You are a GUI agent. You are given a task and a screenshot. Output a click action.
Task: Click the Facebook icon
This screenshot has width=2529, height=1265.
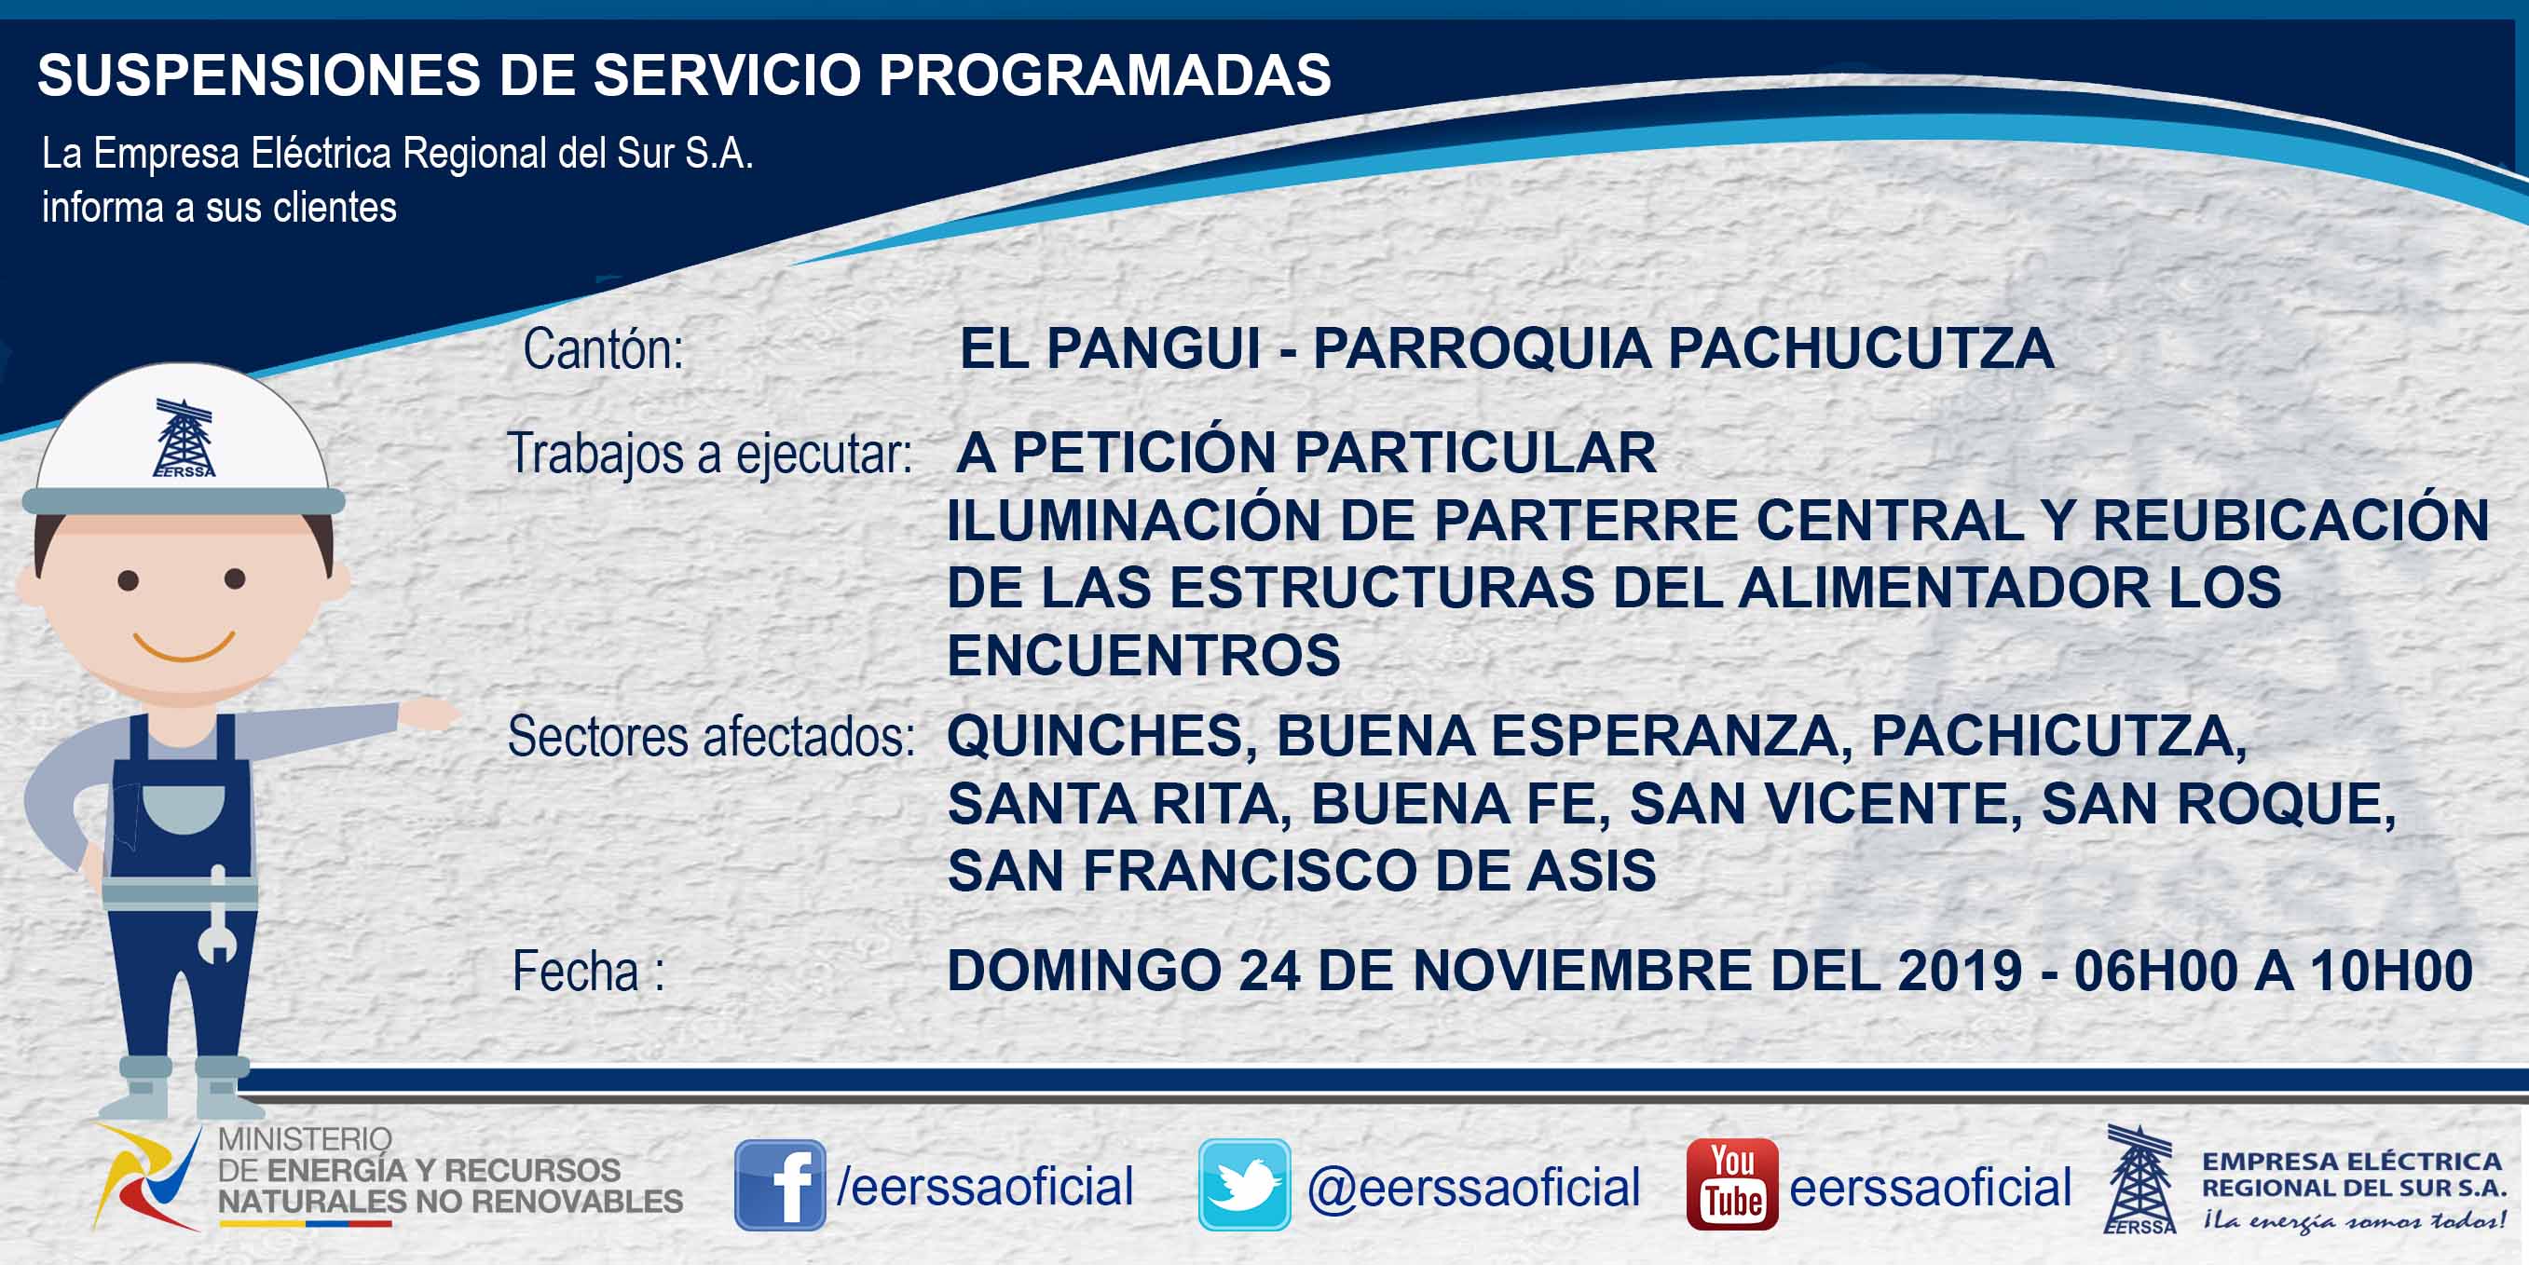780,1185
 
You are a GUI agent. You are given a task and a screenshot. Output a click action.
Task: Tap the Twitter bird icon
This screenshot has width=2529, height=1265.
1244,1185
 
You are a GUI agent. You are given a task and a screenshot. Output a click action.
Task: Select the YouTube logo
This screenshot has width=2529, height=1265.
1731,1185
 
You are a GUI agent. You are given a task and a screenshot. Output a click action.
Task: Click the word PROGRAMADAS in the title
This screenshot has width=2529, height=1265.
1104,75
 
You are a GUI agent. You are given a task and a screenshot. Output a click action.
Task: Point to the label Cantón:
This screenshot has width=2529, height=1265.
603,349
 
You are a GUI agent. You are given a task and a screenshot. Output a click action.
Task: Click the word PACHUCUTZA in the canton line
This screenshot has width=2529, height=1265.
1861,349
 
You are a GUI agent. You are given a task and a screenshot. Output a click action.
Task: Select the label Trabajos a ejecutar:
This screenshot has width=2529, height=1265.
709,455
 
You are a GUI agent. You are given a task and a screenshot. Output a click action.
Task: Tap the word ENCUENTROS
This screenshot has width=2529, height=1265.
1143,656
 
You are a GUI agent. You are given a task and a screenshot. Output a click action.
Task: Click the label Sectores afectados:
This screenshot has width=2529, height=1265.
711,736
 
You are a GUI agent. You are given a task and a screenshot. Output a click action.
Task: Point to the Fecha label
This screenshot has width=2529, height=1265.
588,972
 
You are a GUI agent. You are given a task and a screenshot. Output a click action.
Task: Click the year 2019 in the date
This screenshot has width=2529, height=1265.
1960,971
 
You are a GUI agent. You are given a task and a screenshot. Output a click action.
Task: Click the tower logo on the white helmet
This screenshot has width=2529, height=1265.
184,439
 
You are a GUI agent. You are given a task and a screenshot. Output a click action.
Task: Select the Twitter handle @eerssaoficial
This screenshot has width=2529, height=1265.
1473,1187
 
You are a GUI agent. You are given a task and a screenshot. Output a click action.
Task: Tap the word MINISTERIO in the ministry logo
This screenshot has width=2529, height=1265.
305,1139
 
